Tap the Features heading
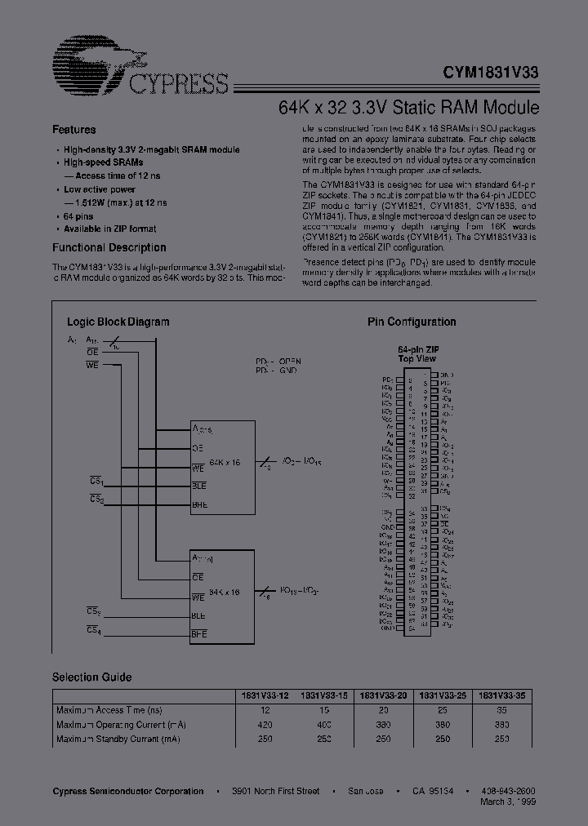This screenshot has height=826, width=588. [x=73, y=130]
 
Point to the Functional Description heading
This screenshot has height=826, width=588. [x=109, y=247]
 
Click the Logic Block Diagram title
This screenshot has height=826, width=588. [x=118, y=322]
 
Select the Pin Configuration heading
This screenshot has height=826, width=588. [x=412, y=322]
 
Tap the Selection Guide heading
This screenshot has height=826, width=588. [x=91, y=677]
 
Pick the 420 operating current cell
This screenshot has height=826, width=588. [x=263, y=725]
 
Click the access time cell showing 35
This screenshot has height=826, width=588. [x=501, y=710]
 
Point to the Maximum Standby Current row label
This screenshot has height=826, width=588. [x=118, y=739]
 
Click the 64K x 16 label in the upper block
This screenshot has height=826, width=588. [x=224, y=462]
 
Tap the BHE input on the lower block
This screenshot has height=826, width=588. [x=199, y=634]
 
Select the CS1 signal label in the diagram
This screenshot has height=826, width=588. [x=96, y=482]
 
